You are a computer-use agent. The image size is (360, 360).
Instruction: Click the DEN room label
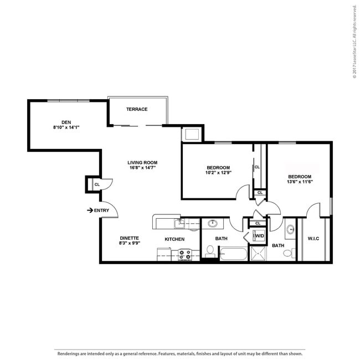(66, 122)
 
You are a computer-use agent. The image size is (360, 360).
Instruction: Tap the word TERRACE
(137, 109)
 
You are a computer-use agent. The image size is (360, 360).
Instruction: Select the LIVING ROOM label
(142, 162)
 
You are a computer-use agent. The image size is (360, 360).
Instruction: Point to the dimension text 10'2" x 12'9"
(218, 173)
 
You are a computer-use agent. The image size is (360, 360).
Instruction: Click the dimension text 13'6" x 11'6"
(300, 182)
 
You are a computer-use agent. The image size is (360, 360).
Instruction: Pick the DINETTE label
(129, 238)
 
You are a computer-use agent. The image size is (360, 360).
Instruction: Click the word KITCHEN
(174, 239)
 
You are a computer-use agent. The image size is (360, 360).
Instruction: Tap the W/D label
(259, 236)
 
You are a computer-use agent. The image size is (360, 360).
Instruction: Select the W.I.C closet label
(313, 239)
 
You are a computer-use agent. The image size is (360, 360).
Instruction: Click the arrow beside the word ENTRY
(90, 210)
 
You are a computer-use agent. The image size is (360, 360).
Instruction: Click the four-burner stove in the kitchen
(185, 255)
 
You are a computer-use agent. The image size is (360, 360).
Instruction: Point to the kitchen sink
(179, 224)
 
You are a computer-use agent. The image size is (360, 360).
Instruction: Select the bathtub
(234, 254)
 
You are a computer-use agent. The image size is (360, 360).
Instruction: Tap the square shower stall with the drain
(258, 254)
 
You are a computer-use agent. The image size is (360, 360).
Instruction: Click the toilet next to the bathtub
(210, 251)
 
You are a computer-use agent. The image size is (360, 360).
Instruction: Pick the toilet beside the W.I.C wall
(289, 253)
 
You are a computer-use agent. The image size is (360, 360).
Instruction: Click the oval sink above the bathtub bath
(213, 223)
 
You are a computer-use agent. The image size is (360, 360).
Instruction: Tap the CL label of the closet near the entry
(97, 184)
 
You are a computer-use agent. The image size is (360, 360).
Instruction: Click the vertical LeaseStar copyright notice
(354, 42)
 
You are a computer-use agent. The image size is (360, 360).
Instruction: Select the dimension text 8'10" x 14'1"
(66, 127)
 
